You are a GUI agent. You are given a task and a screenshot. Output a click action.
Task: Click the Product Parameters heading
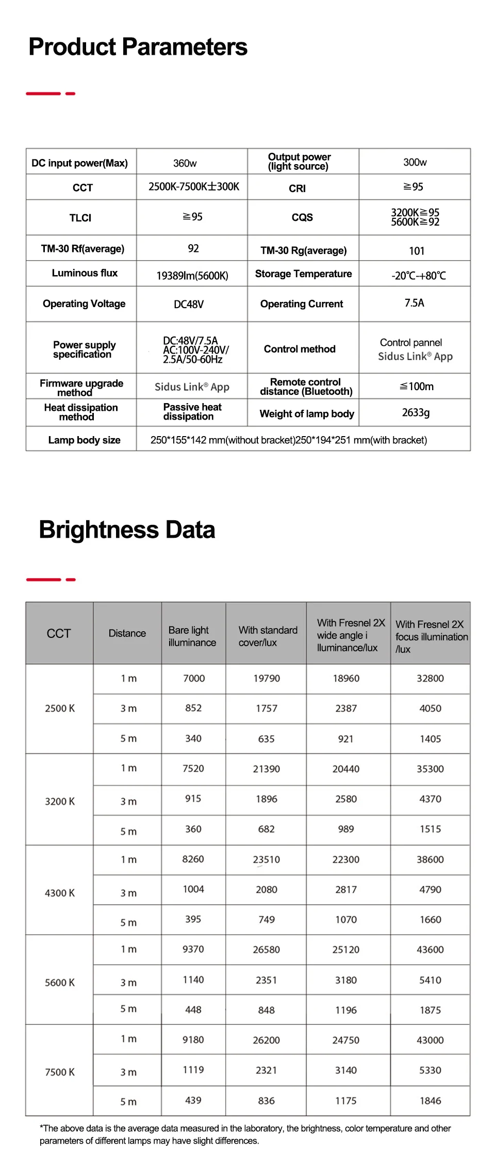[x=138, y=47]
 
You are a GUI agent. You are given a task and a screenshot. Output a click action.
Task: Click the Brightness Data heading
[x=127, y=530]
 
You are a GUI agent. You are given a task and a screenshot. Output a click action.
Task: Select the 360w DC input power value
[x=185, y=163]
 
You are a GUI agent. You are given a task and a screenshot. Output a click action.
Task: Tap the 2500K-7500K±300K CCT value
[x=194, y=187]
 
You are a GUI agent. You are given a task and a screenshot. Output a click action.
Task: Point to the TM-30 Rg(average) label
[x=303, y=250]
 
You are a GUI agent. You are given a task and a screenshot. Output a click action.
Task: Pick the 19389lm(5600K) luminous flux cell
[x=192, y=276]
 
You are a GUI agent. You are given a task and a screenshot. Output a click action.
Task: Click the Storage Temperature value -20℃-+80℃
[x=418, y=276]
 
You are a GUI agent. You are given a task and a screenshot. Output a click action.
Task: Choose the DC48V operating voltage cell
[x=189, y=304]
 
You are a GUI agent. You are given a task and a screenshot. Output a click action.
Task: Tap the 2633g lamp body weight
[x=416, y=412]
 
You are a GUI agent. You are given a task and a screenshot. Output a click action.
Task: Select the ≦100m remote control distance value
[x=417, y=387]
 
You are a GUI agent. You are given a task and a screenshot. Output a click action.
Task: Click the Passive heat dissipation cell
[x=192, y=412]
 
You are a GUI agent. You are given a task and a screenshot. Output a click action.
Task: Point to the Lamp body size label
[x=84, y=440]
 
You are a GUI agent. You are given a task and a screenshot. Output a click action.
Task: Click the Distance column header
[x=127, y=633]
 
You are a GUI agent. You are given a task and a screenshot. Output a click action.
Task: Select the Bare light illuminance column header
[x=192, y=636]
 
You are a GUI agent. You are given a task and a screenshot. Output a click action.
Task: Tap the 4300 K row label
[x=60, y=893]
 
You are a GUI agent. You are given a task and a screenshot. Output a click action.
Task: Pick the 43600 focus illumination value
[x=430, y=950]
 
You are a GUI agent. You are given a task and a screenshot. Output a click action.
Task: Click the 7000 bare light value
[x=194, y=678]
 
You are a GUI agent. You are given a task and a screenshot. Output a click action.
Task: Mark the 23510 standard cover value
[x=266, y=859]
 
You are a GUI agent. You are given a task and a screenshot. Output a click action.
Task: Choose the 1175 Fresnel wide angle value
[x=346, y=1101]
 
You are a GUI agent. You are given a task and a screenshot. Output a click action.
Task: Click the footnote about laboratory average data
[x=245, y=1134]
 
